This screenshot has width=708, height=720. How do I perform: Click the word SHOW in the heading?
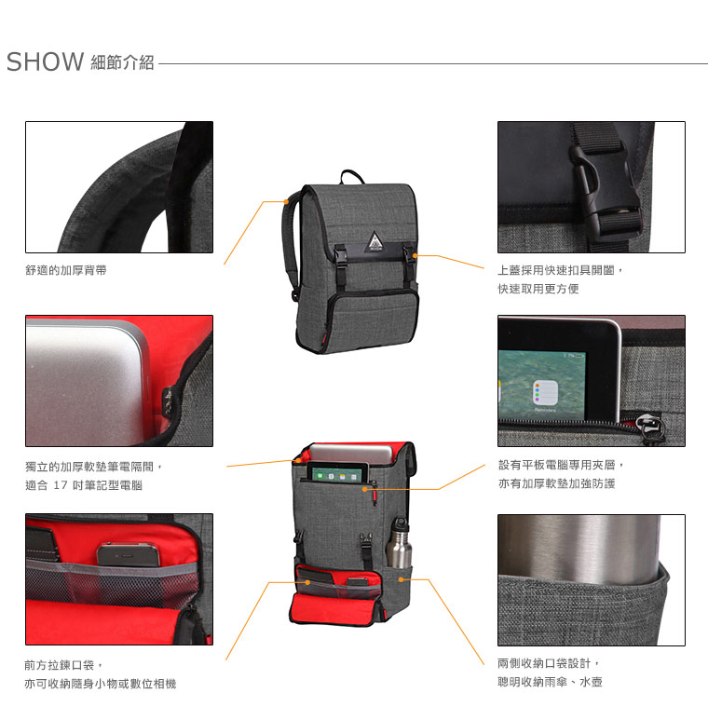(x=45, y=62)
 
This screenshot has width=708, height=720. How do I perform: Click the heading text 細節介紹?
(x=122, y=62)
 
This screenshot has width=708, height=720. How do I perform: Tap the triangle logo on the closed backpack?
(x=374, y=242)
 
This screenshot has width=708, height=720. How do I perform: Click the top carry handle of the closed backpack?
(x=352, y=176)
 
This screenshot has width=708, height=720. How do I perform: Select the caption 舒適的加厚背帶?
(x=66, y=270)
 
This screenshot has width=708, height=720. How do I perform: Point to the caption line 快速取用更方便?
(x=538, y=289)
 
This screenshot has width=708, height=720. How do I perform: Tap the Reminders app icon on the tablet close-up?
(x=545, y=393)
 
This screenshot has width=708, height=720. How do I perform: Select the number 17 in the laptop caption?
(x=61, y=485)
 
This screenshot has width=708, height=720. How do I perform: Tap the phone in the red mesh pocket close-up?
(x=129, y=554)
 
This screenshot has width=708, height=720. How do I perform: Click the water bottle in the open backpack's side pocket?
(x=399, y=543)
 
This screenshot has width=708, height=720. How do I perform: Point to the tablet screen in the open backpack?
(x=337, y=473)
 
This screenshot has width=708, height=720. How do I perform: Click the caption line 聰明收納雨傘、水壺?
(x=550, y=683)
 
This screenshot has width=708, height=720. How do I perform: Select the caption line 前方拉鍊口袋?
(x=60, y=665)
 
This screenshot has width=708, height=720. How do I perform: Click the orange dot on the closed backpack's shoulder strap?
(x=286, y=201)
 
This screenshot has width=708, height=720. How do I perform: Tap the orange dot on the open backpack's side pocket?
(x=401, y=580)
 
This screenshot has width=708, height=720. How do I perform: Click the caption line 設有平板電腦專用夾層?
(x=556, y=465)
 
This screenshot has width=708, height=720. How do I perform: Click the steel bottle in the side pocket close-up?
(x=579, y=550)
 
